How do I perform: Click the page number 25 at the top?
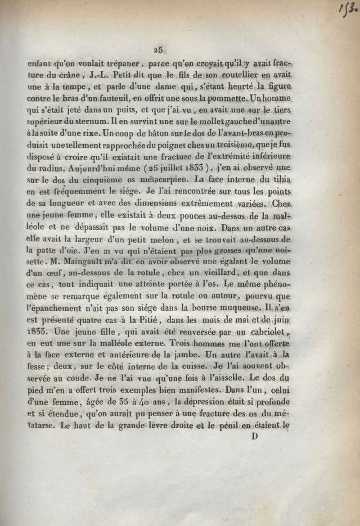tap(157, 50)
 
